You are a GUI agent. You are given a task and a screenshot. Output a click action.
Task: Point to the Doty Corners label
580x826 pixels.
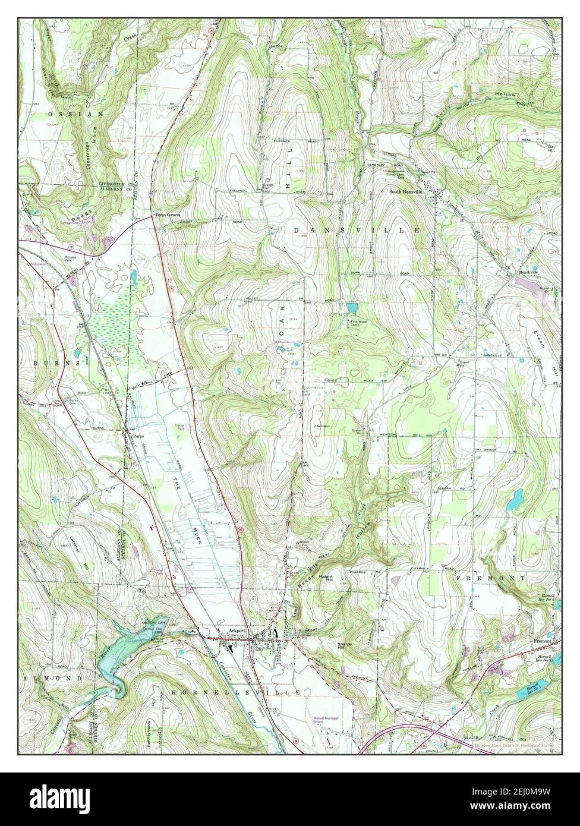click(x=167, y=215)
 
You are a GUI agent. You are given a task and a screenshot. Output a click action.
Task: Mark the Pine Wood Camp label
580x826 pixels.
click(x=358, y=324)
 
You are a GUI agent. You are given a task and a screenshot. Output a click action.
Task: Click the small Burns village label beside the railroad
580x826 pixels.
click(x=138, y=436)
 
